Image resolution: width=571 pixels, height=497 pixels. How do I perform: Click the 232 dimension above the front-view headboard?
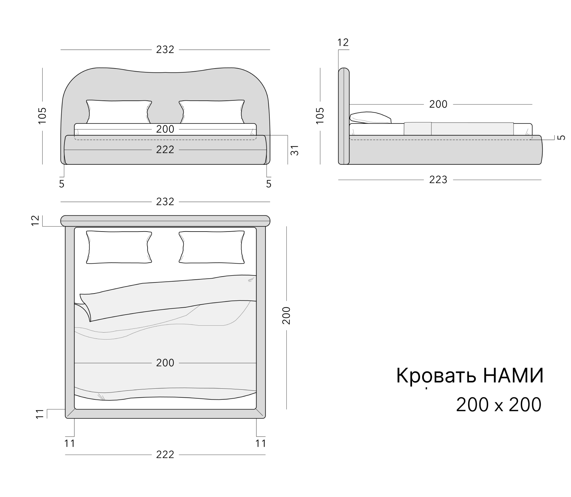coord(165,50)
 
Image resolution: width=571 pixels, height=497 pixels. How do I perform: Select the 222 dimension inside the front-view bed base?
coord(165,150)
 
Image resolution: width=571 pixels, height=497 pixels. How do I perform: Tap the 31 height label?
coord(294,150)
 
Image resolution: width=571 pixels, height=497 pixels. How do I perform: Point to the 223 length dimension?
coord(438,180)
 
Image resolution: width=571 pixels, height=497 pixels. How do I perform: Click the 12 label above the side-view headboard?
coord(343,43)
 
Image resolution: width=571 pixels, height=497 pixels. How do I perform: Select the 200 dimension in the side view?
coord(438,104)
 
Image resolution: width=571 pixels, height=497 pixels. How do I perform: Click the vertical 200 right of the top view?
coord(286,315)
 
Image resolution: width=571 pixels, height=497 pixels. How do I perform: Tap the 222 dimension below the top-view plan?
coord(165,454)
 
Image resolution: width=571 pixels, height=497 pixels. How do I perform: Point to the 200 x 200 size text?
coord(499,405)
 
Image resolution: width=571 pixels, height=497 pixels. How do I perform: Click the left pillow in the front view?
coord(119,111)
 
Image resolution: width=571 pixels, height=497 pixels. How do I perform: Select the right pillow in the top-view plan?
coord(212,247)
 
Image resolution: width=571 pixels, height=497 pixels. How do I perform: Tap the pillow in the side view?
coord(370,118)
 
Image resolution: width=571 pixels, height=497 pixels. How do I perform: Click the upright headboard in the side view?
coord(344,116)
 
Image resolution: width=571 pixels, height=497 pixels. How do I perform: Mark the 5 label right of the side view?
coord(562,137)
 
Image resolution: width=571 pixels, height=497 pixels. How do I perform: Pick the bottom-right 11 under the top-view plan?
coord(260,443)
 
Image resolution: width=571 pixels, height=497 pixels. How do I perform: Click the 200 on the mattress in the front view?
coord(165,129)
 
